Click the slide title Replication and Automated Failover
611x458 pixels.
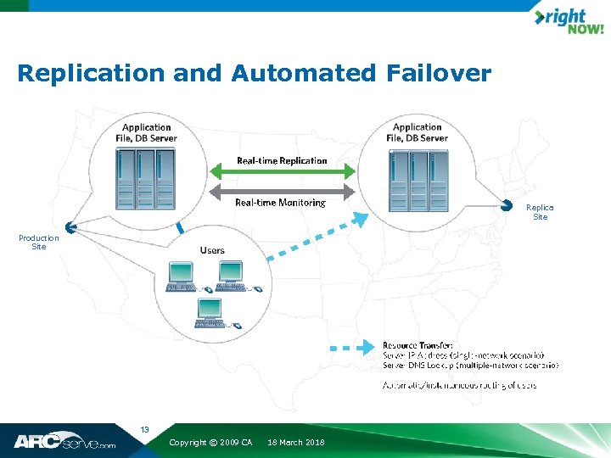[x=254, y=74]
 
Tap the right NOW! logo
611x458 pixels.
[x=569, y=22]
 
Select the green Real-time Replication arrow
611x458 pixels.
[x=282, y=172]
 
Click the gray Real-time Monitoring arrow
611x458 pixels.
[x=282, y=191]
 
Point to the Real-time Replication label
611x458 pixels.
[x=282, y=160]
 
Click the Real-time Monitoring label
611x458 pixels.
[x=280, y=203]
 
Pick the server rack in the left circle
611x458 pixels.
[x=145, y=179]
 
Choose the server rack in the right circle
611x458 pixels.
[x=418, y=181]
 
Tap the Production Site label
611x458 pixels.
[x=39, y=243]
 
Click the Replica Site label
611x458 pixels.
[x=540, y=212]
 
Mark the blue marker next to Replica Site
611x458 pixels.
[x=507, y=204]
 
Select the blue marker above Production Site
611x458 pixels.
[x=71, y=226]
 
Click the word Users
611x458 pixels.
[x=212, y=250]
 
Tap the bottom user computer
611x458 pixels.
[x=211, y=311]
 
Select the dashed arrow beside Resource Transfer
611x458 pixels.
[x=351, y=347]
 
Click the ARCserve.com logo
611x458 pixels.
[x=64, y=442]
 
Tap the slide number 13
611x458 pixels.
[x=144, y=430]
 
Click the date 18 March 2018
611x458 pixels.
[x=296, y=443]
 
